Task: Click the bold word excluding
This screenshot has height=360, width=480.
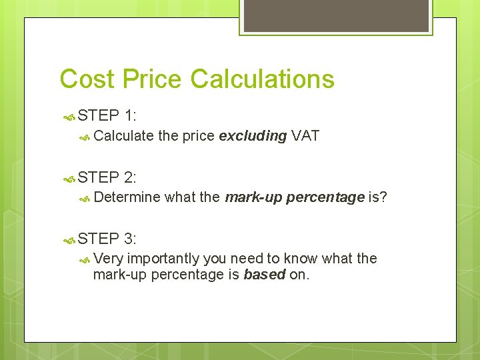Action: pos(253,136)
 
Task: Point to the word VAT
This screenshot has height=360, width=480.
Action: pos(305,136)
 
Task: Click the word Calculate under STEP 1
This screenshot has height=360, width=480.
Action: pos(124,136)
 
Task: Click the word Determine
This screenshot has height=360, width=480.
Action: pos(127,197)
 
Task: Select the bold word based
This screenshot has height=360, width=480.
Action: pos(264,275)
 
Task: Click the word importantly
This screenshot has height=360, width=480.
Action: pos(163,259)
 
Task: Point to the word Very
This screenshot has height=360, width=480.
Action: pos(108,259)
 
